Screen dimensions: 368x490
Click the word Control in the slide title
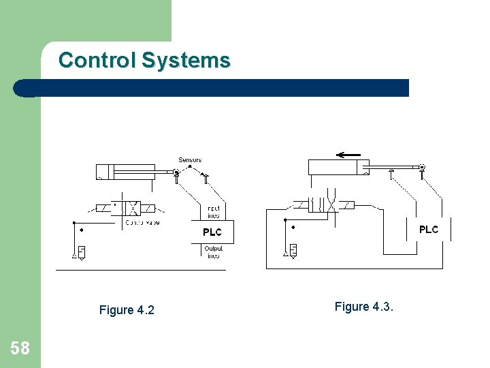pyautogui.click(x=97, y=61)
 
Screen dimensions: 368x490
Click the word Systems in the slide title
pyautogui.click(x=186, y=61)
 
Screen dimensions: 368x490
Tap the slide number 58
pyautogui.click(x=20, y=349)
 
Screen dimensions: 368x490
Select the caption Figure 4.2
pyautogui.click(x=127, y=310)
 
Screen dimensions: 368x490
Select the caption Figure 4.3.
pyautogui.click(x=364, y=307)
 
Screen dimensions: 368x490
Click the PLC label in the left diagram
pyautogui.click(x=212, y=232)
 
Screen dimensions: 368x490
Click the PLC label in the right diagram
pyautogui.click(x=429, y=230)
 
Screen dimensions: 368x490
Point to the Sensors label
pyautogui.click(x=190, y=159)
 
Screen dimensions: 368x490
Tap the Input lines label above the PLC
pyautogui.click(x=214, y=211)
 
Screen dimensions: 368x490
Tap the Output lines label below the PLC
pyautogui.click(x=214, y=252)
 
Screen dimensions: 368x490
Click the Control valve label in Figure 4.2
pyautogui.click(x=143, y=223)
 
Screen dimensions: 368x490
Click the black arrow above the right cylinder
pyautogui.click(x=348, y=155)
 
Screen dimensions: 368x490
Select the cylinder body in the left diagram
pyautogui.click(x=125, y=172)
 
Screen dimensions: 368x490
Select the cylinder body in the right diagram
pyautogui.click(x=338, y=168)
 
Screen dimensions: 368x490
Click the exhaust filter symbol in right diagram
pyautogui.click(x=293, y=249)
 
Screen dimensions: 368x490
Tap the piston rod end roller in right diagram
pyautogui.click(x=422, y=167)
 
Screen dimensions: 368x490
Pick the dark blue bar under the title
pyautogui.click(x=211, y=88)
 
